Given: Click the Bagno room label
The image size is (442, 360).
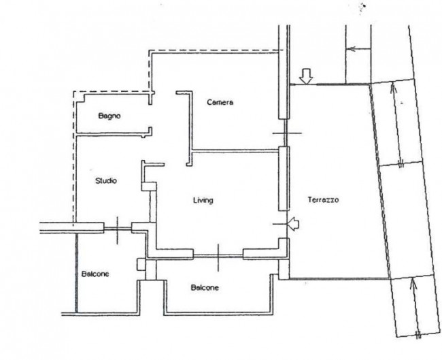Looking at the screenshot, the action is pos(109,116).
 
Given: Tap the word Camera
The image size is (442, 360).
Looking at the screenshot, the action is pos(220,102).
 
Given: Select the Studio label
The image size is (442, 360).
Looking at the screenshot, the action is pos(106,180).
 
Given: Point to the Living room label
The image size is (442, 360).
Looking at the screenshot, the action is pos(203,200).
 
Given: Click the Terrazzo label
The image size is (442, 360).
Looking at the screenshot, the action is pos(323,200).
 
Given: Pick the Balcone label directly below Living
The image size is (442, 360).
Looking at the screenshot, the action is pos(205,287).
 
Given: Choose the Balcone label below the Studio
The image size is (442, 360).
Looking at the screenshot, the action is pos(95,274).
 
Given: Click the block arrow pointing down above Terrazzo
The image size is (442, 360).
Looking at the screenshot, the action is pos(306,76).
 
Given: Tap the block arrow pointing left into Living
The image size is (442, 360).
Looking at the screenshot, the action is pos(293,224).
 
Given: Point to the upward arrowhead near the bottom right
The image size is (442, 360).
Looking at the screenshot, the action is pos(413,284).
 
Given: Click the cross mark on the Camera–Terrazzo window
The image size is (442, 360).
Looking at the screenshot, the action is pos(286,133).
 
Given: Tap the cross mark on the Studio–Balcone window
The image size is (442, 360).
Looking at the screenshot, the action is pos(117,230).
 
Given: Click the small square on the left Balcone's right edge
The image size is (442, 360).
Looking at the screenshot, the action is pos(141,265).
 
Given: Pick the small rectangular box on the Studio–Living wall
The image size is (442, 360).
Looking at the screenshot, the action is pos(148,186).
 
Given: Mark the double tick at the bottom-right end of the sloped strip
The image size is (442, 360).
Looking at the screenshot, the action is pos(418,335).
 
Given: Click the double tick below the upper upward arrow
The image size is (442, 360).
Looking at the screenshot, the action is pos(401,163).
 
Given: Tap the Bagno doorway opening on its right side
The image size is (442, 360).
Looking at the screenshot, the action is pos(150,116).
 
